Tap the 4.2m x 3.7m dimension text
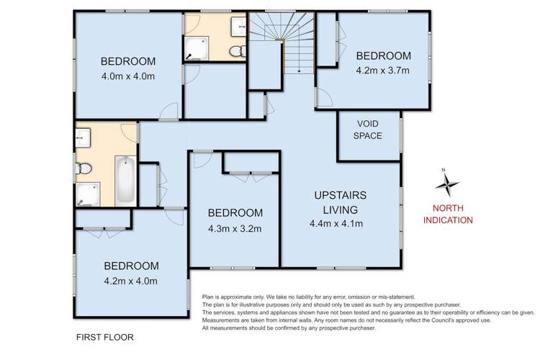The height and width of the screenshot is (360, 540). pyautogui.click(x=382, y=71)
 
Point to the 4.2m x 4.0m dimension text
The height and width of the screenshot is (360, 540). pyautogui.click(x=130, y=281)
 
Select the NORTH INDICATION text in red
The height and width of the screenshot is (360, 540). pyautogui.click(x=451, y=214)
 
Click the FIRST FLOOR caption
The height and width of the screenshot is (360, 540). pyautogui.click(x=104, y=336)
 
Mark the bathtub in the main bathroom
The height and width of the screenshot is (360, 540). pyautogui.click(x=125, y=179)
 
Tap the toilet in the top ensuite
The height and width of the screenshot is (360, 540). pyautogui.click(x=235, y=50)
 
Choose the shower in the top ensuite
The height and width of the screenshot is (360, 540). pyautogui.click(x=195, y=48)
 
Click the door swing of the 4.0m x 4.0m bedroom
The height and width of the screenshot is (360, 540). pyautogui.click(x=169, y=110)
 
